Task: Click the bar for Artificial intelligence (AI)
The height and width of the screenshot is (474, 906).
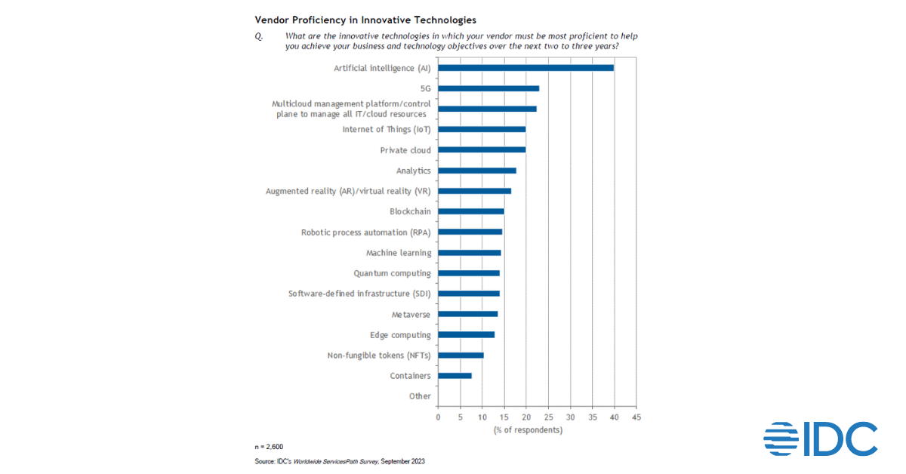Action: click(525, 68)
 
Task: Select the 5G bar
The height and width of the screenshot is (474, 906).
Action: click(488, 88)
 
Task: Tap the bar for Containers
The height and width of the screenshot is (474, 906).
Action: click(455, 375)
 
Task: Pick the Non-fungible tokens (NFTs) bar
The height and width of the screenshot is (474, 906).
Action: click(461, 355)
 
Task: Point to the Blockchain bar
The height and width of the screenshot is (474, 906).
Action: click(470, 211)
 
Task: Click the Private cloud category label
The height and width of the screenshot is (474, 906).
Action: click(405, 150)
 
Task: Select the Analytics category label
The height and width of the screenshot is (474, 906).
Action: click(414, 171)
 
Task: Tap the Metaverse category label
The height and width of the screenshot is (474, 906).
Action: click(411, 314)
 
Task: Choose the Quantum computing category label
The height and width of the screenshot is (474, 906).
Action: click(393, 273)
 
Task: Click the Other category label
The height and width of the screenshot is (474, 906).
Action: click(420, 396)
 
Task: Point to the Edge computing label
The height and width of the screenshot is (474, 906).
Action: click(400, 334)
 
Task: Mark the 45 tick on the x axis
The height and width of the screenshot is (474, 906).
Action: click(636, 417)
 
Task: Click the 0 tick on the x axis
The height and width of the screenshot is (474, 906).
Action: click(438, 417)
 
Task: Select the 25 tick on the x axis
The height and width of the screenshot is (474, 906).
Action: click(548, 417)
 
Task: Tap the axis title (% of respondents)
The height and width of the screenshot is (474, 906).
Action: click(528, 429)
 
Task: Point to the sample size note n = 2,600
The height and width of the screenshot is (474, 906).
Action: click(269, 447)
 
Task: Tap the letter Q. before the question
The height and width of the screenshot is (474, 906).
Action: click(258, 35)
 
